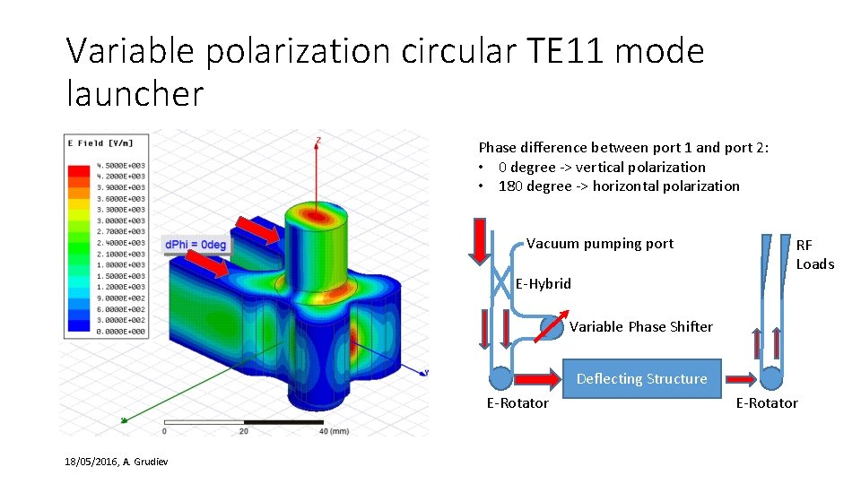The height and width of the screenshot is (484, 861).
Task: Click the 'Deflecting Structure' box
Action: click(641, 378)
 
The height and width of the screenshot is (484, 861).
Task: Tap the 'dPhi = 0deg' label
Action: click(196, 245)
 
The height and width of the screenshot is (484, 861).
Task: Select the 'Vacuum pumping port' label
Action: click(599, 244)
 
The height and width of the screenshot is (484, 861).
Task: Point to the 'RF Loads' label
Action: click(814, 255)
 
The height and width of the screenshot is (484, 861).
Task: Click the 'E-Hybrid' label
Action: click(543, 284)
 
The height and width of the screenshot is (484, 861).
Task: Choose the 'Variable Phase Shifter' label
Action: click(640, 327)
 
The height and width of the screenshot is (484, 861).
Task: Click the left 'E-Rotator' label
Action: click(517, 403)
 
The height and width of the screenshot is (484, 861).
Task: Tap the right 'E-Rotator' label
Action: click(767, 403)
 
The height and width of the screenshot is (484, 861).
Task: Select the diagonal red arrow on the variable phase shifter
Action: click(552, 327)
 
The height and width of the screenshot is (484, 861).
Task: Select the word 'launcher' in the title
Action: click(135, 92)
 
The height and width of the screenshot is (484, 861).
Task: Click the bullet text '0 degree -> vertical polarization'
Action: click(602, 167)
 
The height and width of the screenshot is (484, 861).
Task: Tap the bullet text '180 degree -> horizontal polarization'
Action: click(619, 186)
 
